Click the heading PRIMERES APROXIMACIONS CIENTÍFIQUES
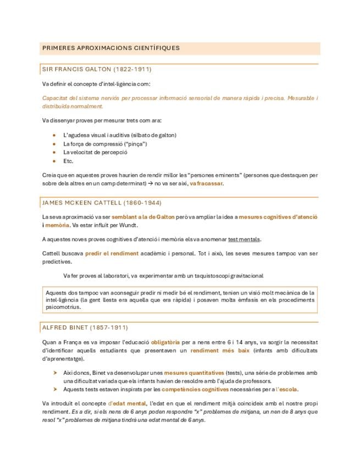click(111, 48)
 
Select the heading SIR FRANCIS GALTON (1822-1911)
click(97, 69)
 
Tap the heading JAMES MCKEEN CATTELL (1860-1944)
click(102, 203)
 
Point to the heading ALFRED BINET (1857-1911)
click(85, 328)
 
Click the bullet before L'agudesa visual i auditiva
click(53, 135)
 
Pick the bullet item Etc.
click(68, 161)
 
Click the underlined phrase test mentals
click(245, 239)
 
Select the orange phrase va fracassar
click(206, 184)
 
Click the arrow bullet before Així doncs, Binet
click(54, 372)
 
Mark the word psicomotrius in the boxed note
click(64, 309)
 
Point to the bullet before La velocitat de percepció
click(53, 152)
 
